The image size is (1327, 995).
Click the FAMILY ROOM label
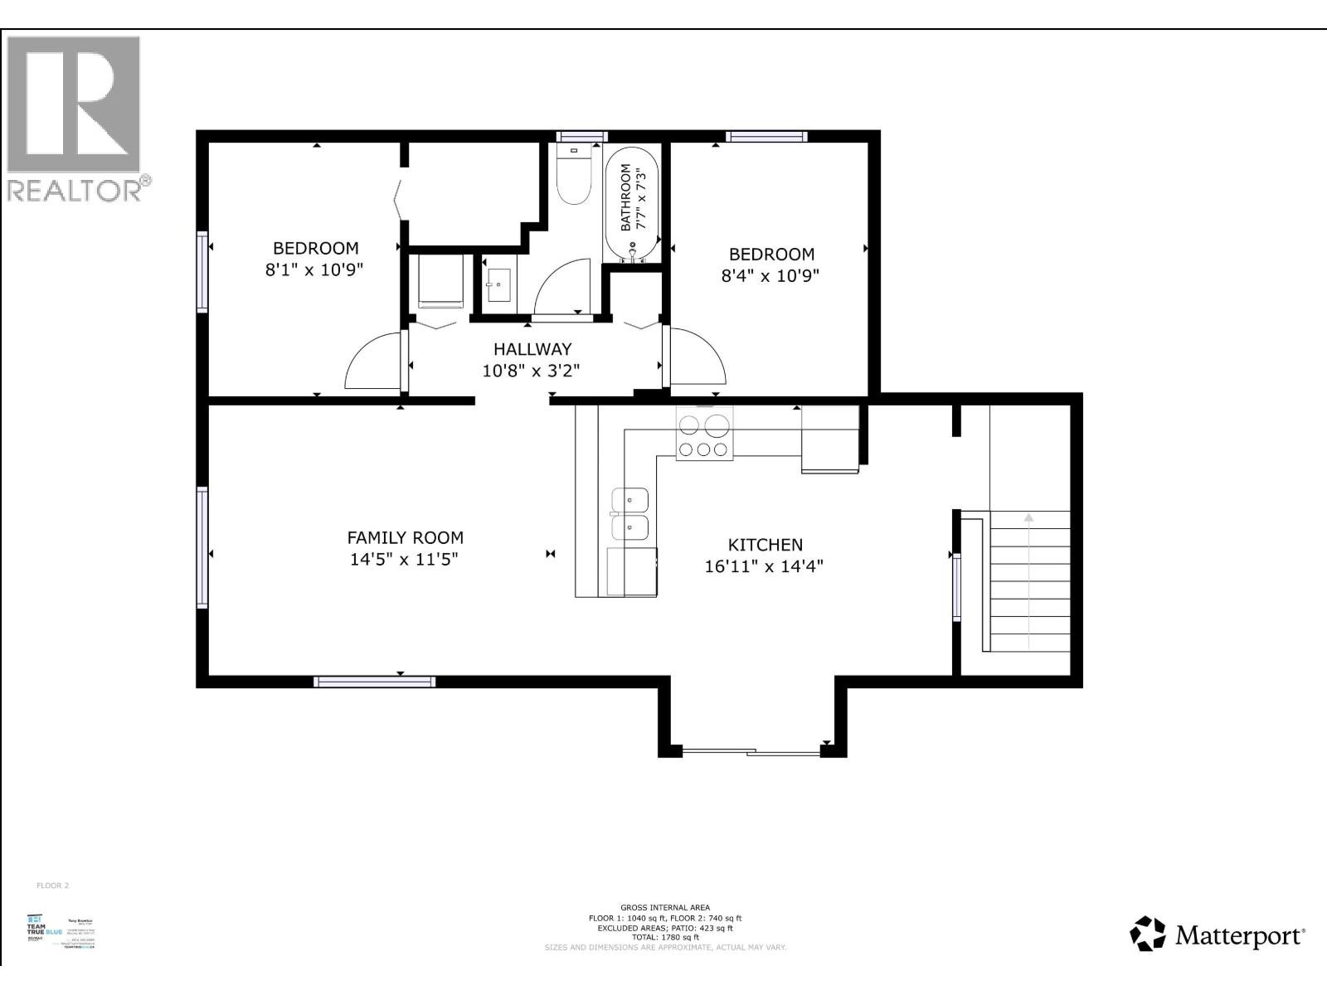[x=405, y=537]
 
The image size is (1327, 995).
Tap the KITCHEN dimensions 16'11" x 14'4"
[x=765, y=567]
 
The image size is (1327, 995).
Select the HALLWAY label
[x=532, y=349]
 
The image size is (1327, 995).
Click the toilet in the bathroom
[x=572, y=178]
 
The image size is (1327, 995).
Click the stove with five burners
[x=705, y=437]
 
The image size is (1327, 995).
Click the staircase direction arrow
[x=1028, y=580]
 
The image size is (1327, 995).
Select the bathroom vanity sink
[x=500, y=284]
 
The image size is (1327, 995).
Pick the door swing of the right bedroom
[x=697, y=357]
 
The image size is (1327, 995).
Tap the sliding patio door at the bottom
[x=751, y=752]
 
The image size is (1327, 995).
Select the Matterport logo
[x=1218, y=934]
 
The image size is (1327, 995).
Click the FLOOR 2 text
[x=52, y=886]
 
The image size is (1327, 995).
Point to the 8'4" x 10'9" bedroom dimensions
[x=770, y=275]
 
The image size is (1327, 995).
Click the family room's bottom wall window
[x=375, y=682]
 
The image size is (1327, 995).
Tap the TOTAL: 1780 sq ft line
[x=665, y=937]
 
